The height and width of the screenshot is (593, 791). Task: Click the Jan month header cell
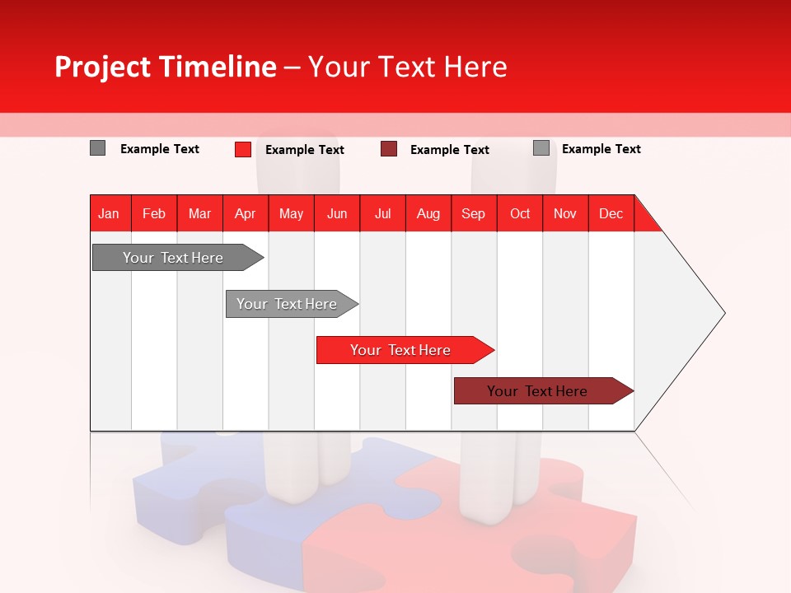tap(110, 213)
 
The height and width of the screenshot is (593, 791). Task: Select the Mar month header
tap(199, 213)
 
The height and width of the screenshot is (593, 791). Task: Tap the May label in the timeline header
tap(291, 213)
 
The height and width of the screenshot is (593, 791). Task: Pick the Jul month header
tap(382, 213)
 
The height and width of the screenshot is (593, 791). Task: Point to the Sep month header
tap(473, 213)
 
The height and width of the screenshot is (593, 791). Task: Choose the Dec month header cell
tap(611, 213)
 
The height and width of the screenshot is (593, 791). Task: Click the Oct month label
tap(520, 213)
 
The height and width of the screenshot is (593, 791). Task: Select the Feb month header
tap(154, 213)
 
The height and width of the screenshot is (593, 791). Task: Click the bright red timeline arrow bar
tap(400, 350)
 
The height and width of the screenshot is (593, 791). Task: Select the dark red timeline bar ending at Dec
tap(537, 391)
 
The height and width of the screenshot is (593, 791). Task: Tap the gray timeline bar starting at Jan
tap(173, 258)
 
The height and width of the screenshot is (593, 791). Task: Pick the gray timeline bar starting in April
tap(287, 304)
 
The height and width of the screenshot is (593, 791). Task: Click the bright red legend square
tap(242, 149)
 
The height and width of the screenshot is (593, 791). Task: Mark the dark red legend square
tap(389, 149)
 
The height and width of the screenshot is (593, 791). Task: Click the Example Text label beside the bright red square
tap(305, 150)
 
